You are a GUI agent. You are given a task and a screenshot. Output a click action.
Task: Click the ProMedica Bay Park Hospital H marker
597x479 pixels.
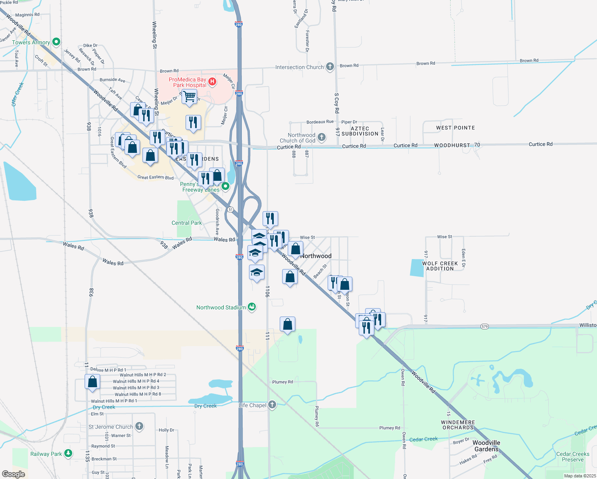(x=212, y=82)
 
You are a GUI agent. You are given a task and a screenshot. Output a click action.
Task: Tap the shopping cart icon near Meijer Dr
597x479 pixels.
(x=189, y=96)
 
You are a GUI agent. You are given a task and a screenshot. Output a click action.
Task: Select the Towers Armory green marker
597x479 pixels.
(x=56, y=42)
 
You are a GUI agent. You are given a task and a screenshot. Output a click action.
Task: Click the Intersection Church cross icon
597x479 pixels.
(x=330, y=67)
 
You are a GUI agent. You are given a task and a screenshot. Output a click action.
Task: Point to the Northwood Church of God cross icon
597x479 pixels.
(x=322, y=137)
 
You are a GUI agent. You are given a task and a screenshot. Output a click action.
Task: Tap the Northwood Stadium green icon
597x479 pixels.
(x=252, y=307)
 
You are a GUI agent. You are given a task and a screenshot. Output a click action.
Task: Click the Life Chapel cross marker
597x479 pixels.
(x=272, y=405)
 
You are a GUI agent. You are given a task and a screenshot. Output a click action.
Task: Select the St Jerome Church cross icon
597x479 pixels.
(x=139, y=426)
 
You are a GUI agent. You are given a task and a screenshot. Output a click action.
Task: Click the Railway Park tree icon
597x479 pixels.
(x=68, y=453)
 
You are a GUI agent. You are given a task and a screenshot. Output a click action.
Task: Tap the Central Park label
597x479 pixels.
(x=186, y=223)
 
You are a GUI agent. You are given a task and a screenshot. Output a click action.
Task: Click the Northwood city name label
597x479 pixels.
(x=316, y=256)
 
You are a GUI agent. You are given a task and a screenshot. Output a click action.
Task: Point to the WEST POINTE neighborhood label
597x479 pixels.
(x=455, y=128)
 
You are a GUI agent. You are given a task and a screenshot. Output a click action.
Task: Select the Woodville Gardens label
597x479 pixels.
(x=486, y=446)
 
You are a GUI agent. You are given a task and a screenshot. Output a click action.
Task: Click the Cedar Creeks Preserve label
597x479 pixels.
(x=573, y=457)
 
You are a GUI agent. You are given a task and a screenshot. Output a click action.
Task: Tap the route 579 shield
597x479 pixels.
(x=484, y=327)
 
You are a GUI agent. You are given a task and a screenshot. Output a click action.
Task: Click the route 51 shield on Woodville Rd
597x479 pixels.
(x=230, y=210)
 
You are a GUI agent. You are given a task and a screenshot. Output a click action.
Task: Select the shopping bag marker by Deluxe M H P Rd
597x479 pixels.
(x=92, y=382)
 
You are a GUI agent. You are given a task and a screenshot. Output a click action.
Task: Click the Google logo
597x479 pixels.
(x=13, y=474)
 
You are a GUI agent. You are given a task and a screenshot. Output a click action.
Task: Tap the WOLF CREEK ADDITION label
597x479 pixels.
(x=440, y=266)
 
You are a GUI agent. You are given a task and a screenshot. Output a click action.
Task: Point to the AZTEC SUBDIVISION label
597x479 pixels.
(x=360, y=131)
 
